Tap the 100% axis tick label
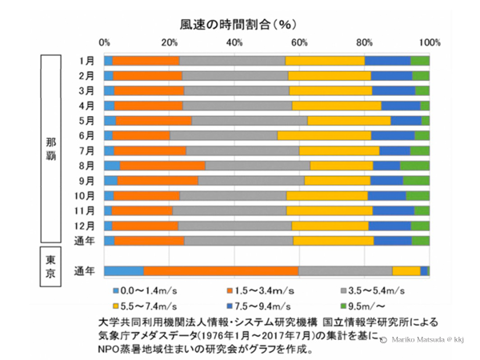coord(430,42)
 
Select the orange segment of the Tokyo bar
coord(221,270)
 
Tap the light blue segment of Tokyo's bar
coord(124,270)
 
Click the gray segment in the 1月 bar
coord(232,61)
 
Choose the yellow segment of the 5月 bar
coord(349,121)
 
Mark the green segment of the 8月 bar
coord(414,166)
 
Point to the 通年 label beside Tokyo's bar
coord(85,270)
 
